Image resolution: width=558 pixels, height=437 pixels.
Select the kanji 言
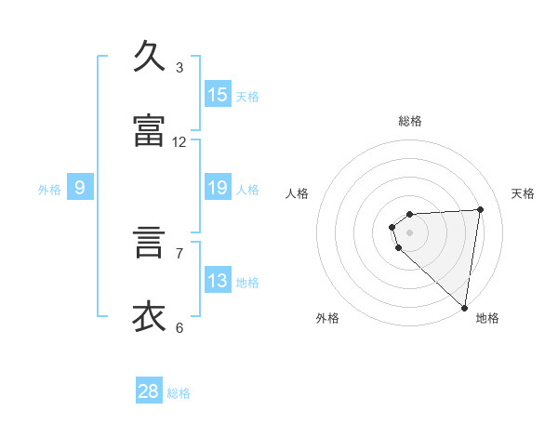[x=151, y=243]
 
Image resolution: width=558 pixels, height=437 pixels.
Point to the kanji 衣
[x=151, y=317]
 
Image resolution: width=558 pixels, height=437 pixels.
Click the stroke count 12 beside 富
[x=179, y=141]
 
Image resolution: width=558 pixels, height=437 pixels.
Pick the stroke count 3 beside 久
[x=179, y=67]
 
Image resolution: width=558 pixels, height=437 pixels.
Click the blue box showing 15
[x=218, y=95]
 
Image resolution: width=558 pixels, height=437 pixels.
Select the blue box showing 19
[x=218, y=188]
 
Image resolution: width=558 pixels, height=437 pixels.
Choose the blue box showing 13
[x=218, y=281]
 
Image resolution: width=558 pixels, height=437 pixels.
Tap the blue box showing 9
[x=80, y=188]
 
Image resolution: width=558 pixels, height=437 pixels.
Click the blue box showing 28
[x=149, y=391]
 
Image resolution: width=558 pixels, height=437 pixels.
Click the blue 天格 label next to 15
[x=247, y=96]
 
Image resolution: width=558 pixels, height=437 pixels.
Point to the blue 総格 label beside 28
[x=179, y=393]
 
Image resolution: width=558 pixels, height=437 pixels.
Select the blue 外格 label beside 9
[x=49, y=189]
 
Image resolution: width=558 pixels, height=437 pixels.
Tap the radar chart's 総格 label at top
[x=410, y=121]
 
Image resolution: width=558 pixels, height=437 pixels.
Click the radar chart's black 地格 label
[x=487, y=318]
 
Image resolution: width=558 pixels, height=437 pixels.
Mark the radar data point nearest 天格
[x=480, y=209]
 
